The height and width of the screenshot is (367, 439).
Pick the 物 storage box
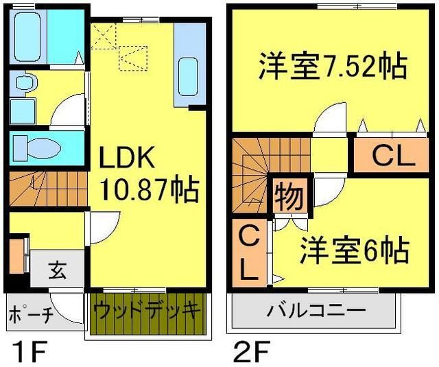click(289, 198)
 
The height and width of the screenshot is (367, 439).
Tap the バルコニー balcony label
click(316, 310)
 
